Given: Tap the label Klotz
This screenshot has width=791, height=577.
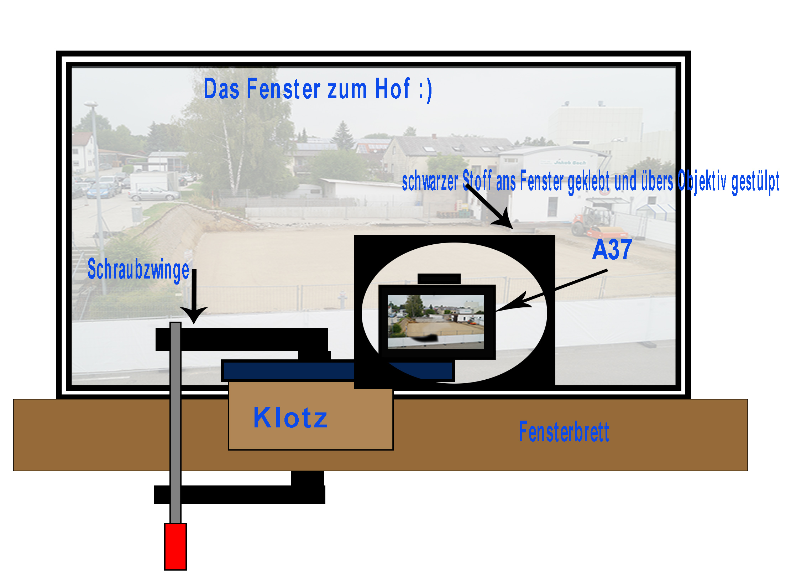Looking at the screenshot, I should tap(290, 418).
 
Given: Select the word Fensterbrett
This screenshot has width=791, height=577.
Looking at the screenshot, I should tap(564, 432).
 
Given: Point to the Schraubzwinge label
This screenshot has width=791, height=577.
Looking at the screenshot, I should tap(138, 270).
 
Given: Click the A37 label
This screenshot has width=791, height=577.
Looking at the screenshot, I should tap(612, 250).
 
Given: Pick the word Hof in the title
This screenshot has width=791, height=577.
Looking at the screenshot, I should tap(393, 89).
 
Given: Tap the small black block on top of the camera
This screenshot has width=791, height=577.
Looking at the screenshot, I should tap(439, 279).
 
